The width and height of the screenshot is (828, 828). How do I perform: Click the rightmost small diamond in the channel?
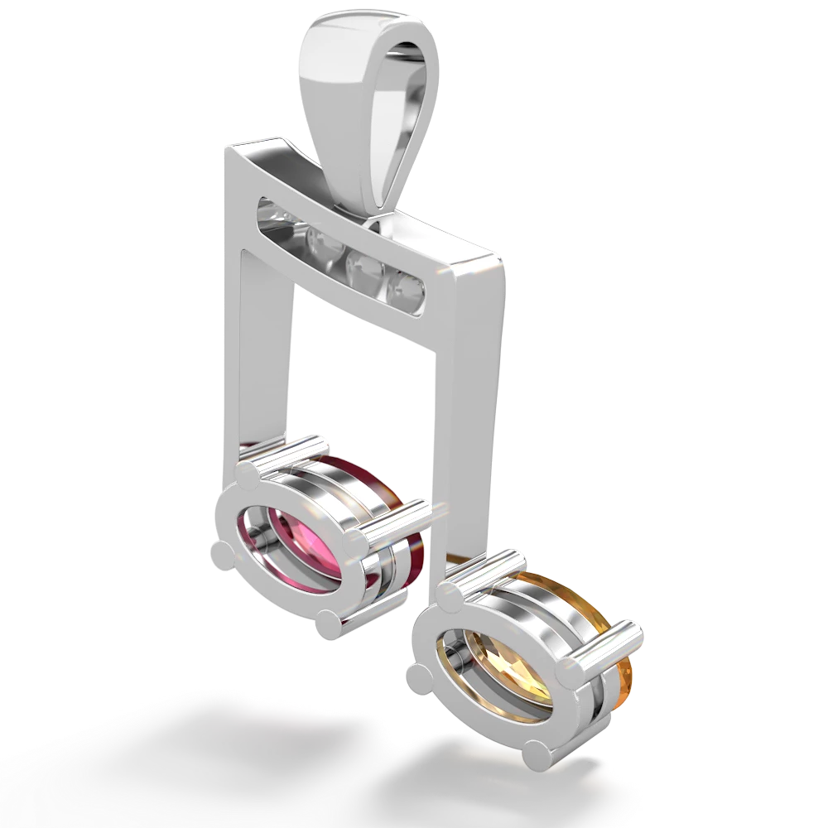pyautogui.click(x=407, y=289)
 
